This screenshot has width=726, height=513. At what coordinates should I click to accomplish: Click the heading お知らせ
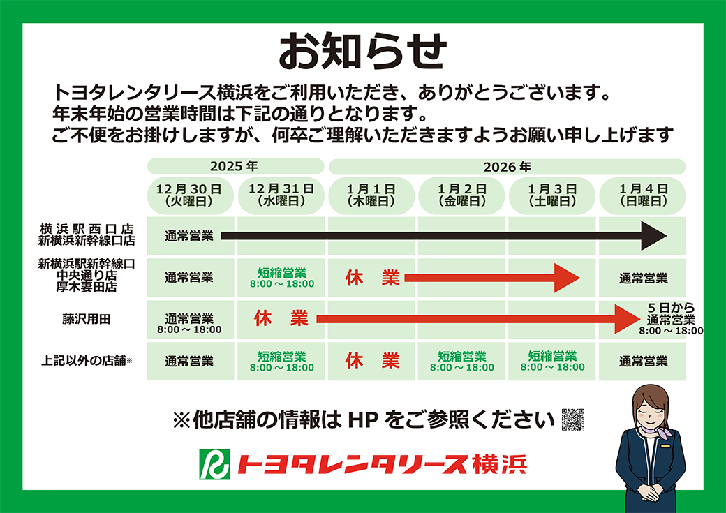(362, 50)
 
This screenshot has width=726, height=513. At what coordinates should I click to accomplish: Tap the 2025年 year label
(234, 166)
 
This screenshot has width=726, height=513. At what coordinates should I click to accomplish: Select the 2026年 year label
(507, 167)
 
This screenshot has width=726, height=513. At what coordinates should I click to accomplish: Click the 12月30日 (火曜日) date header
(189, 195)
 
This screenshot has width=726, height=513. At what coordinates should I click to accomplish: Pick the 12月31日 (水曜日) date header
(281, 195)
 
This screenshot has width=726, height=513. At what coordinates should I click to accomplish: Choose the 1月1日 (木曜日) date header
(371, 195)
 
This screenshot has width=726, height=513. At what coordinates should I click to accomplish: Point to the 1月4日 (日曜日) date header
(644, 195)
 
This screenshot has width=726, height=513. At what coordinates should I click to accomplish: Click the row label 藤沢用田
(87, 319)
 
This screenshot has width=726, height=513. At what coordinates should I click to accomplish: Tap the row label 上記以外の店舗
(87, 361)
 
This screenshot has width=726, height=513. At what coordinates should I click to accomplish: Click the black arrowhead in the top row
(653, 236)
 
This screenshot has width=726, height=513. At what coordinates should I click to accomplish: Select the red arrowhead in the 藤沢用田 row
(626, 318)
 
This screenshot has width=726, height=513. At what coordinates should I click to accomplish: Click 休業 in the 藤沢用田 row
(281, 318)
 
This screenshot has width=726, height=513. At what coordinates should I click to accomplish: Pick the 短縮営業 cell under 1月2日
(462, 362)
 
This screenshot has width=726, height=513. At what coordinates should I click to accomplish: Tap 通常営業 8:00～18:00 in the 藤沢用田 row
(189, 324)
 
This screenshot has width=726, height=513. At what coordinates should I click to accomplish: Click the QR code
(572, 419)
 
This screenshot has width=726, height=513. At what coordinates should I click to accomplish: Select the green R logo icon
(214, 464)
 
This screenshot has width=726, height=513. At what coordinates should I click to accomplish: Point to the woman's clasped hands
(649, 491)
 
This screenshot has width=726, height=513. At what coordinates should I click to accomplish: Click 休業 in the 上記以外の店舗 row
(372, 361)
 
